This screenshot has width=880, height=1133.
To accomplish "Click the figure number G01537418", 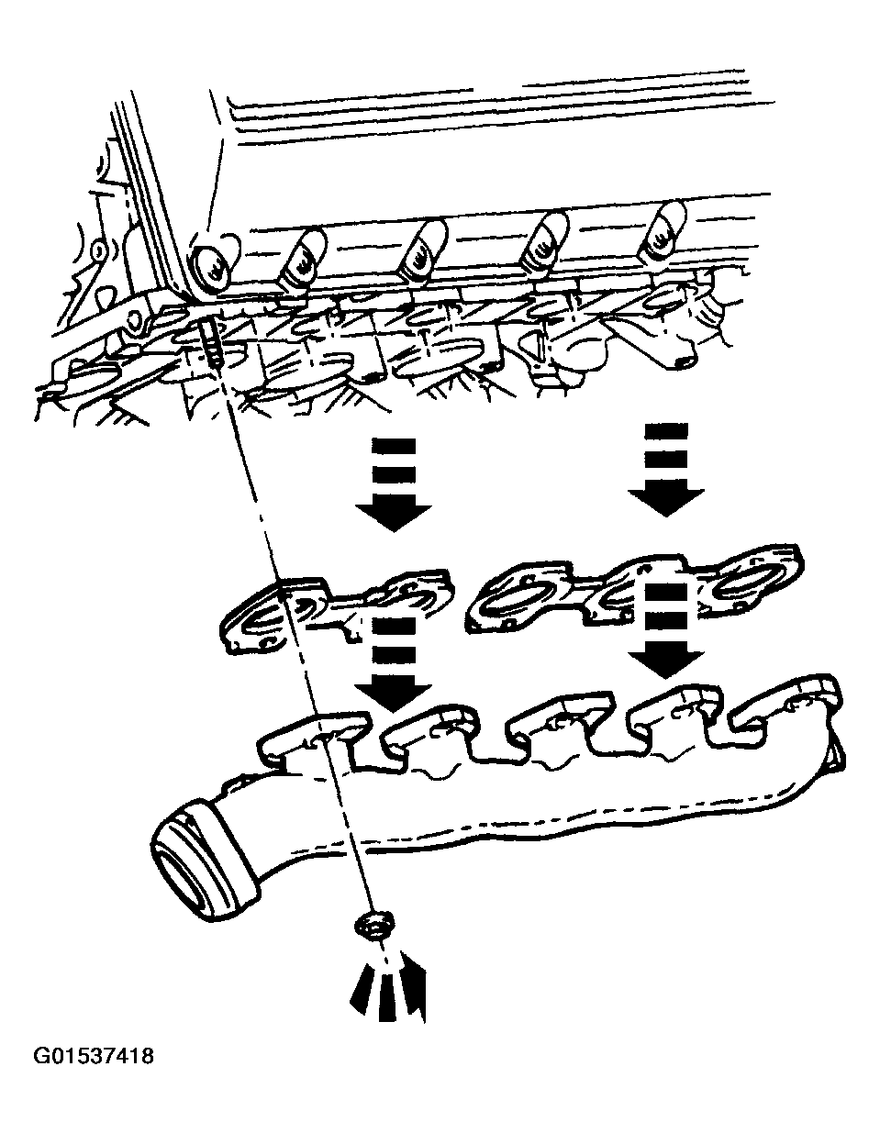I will [x=94, y=1056].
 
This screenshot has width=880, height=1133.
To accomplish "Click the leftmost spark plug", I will [x=210, y=266].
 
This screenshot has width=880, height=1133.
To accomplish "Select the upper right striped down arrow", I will [x=665, y=469].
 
